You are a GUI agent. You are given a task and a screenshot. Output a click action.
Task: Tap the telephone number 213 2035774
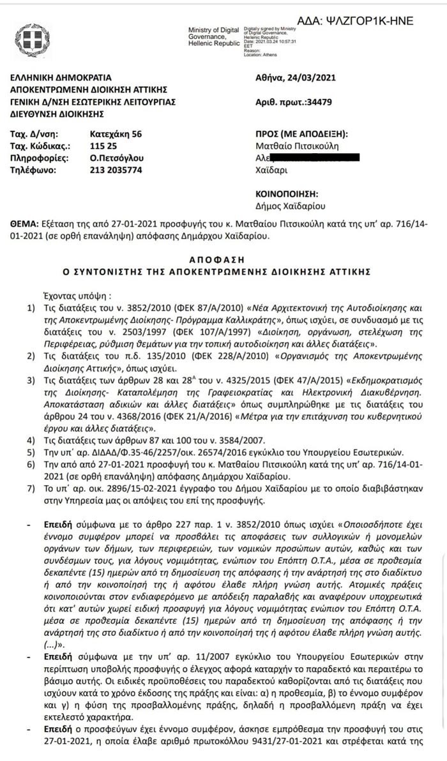[116, 170]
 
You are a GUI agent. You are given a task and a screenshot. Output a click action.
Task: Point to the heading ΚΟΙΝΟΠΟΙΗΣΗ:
[287, 194]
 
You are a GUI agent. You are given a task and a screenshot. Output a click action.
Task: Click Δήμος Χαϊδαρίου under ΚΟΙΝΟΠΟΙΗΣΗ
[291, 206]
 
